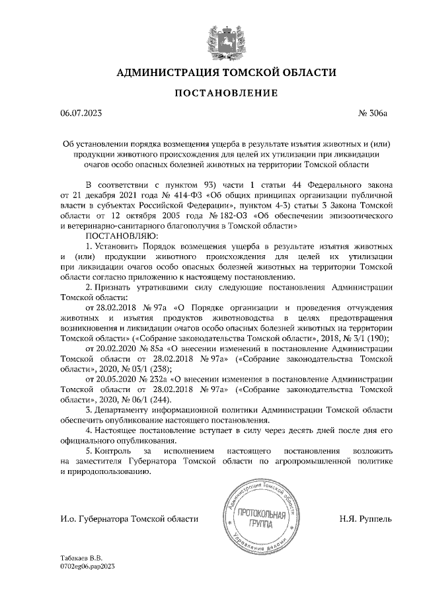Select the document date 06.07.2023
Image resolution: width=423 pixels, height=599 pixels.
[82, 114]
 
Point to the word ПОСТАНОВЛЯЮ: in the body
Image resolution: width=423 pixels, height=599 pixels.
[121, 235]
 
